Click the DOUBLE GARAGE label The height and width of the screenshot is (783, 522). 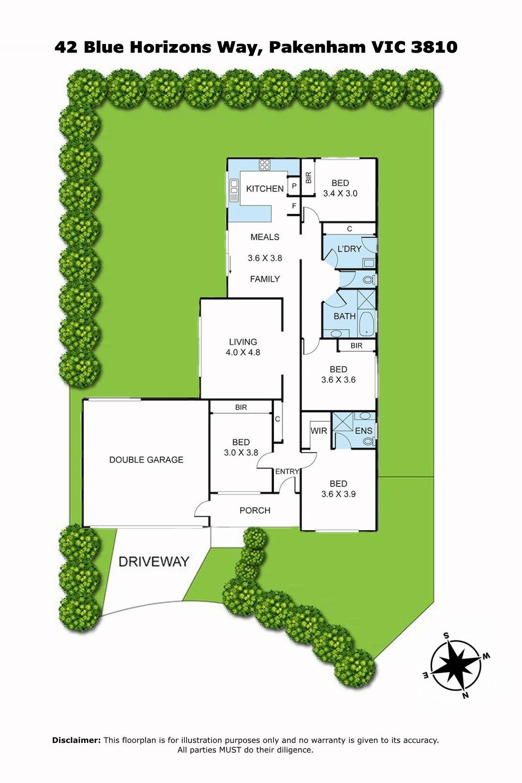click(146, 460)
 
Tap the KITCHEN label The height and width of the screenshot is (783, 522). click(265, 189)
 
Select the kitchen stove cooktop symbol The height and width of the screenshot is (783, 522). click(265, 165)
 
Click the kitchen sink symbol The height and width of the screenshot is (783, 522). click(233, 190)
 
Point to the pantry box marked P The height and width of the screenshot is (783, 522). click(294, 186)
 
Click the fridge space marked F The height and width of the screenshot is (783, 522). click(294, 206)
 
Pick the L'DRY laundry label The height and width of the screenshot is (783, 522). click(349, 249)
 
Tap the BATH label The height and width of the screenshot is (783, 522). click(345, 317)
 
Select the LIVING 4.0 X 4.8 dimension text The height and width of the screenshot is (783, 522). click(243, 352)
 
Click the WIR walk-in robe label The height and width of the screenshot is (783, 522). click(319, 431)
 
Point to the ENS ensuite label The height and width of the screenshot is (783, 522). click(363, 431)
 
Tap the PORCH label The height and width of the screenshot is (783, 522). click(255, 510)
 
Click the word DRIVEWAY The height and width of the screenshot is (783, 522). click(154, 562)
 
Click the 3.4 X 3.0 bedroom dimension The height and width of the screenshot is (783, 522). click(340, 193)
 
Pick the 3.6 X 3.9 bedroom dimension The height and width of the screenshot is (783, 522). click(338, 494)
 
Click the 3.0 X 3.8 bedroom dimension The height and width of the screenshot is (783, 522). click(241, 452)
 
